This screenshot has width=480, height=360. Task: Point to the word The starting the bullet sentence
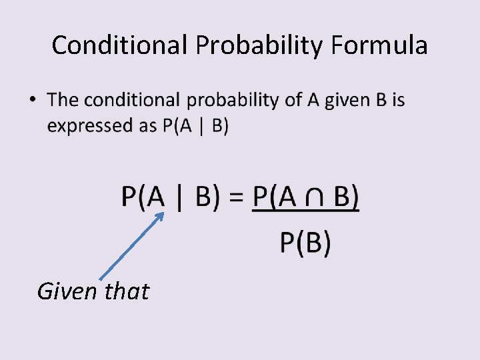[63, 100]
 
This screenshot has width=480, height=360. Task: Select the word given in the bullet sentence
[345, 101]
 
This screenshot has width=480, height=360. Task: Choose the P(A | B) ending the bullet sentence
[195, 125]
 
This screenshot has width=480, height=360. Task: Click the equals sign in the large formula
[236, 197]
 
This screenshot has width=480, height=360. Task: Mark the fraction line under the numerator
[305, 212]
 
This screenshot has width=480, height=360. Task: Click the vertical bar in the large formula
[178, 198]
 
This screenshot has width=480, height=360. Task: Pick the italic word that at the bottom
[127, 291]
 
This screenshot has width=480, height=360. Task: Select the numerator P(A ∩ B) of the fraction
[306, 197]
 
